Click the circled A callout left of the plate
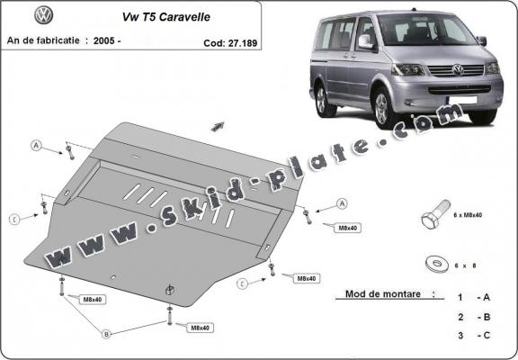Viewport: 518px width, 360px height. click(x=37, y=145)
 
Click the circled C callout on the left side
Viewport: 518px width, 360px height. click(x=14, y=219)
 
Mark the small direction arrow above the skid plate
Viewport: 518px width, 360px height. click(x=218, y=126)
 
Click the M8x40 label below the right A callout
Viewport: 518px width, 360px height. click(x=346, y=228)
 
